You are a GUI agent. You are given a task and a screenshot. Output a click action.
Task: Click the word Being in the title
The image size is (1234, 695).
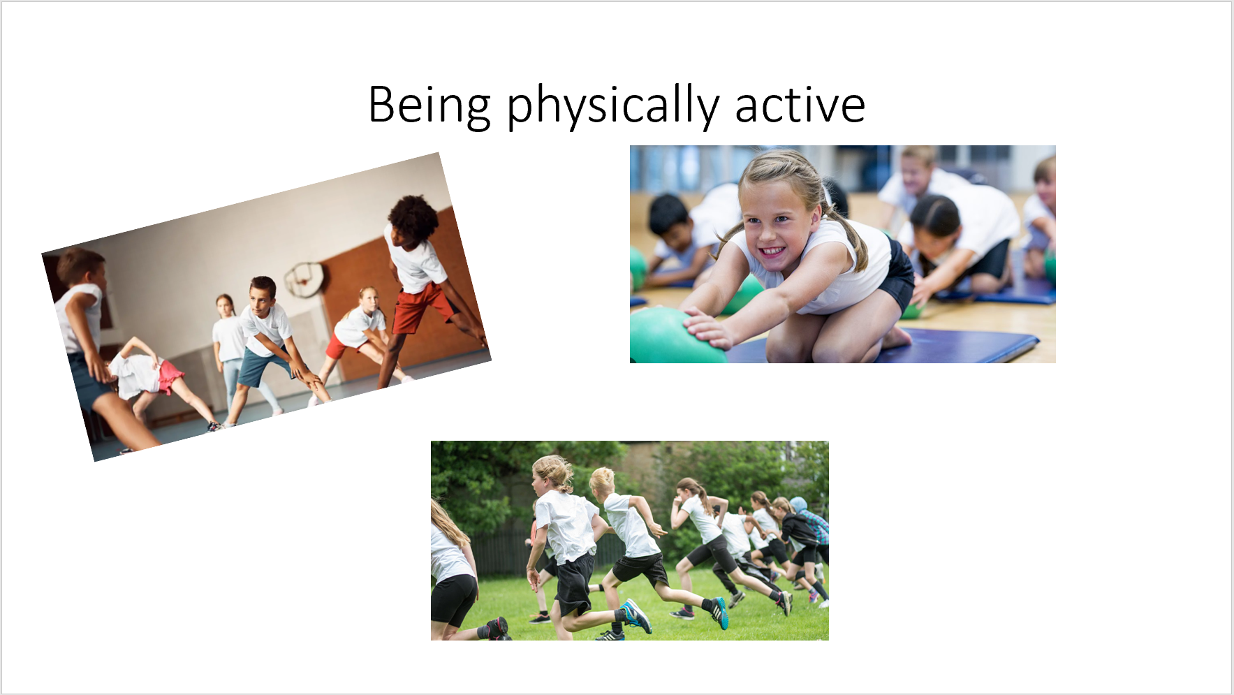coord(429,105)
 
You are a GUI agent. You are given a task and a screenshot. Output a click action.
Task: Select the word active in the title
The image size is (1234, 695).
coord(800,105)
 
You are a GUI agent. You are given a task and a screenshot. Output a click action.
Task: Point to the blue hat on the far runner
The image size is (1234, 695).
coord(798,504)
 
